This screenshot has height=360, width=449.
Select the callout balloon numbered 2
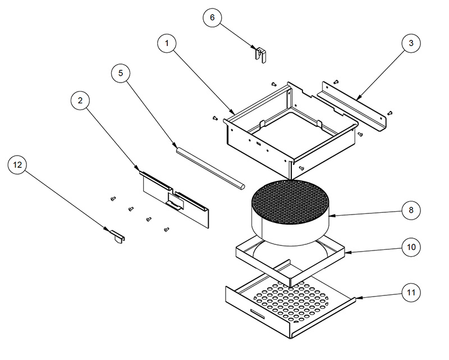(80, 101)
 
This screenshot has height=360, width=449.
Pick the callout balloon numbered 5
(120, 72)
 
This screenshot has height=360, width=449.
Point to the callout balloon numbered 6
(212, 17)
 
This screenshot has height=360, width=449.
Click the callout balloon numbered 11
(411, 292)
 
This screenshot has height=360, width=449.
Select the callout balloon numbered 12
(17, 165)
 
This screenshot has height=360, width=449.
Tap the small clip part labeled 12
(117, 235)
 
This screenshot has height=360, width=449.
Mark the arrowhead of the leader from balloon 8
(332, 216)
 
